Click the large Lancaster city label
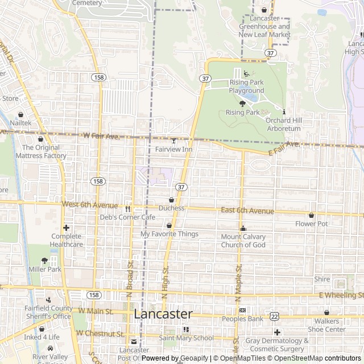click(163, 314)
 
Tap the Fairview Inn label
click(173, 150)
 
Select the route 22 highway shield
click(275, 316)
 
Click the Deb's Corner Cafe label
click(128, 217)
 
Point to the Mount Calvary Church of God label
click(243, 241)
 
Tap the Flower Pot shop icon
click(311, 216)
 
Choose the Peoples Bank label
click(243, 319)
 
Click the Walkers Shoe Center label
click(326, 325)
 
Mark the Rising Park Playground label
click(247, 86)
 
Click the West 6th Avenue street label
click(90, 205)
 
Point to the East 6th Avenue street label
click(247, 211)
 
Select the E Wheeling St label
click(341, 295)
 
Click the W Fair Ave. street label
click(101, 136)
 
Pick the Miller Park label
click(44, 268)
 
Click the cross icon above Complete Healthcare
click(67, 227)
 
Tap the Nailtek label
click(20, 122)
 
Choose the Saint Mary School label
click(186, 338)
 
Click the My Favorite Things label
click(169, 234)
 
